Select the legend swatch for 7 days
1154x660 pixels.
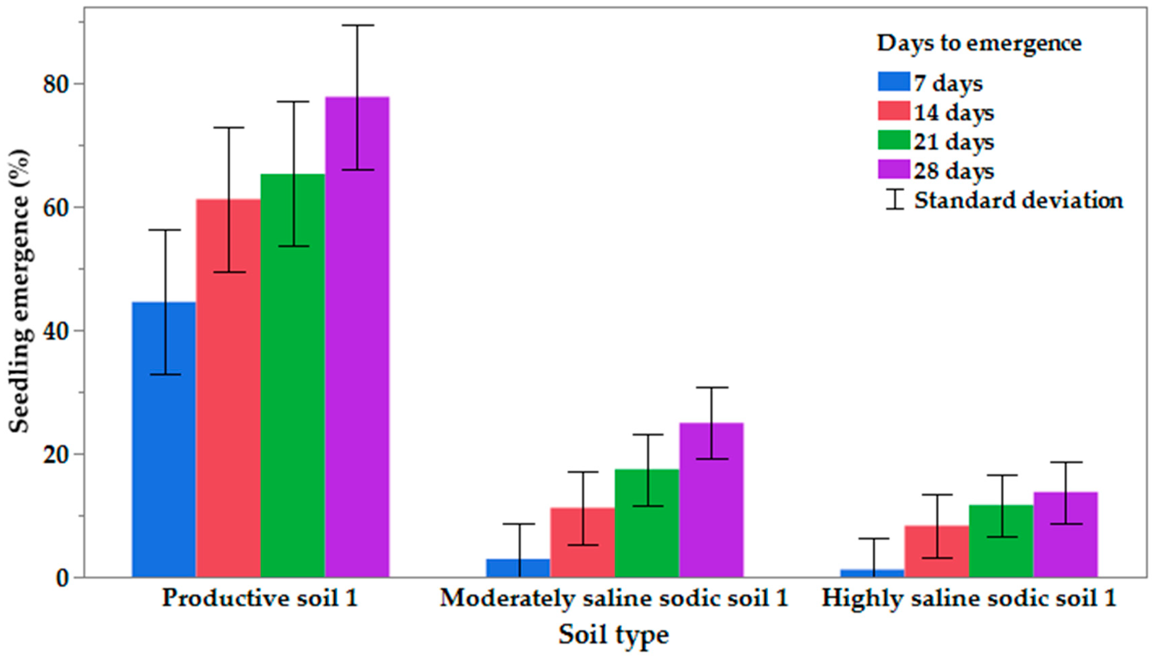tap(893, 82)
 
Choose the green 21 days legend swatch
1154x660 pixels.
tap(893, 140)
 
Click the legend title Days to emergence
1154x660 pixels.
tap(979, 44)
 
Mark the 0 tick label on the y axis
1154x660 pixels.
tap(63, 578)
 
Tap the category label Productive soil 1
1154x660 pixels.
tap(260, 597)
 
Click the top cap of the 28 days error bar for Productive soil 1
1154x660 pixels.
tap(358, 25)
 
